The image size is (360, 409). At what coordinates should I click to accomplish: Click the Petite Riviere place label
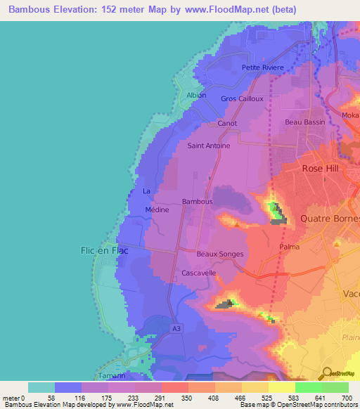[262, 67]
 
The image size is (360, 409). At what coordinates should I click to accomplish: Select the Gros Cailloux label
[242, 99]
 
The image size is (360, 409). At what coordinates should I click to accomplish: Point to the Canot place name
[227, 123]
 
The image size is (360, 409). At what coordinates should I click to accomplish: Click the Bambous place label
[197, 202]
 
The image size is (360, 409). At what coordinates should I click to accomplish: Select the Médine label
[155, 209]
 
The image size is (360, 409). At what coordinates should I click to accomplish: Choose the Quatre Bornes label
[329, 219]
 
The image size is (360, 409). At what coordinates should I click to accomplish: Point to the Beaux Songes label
[220, 254]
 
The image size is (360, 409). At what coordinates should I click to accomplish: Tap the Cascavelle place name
[198, 273]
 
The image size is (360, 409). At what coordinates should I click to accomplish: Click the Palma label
[290, 247]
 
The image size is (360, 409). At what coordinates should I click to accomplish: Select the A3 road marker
[176, 328]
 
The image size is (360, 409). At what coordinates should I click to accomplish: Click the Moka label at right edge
[350, 115]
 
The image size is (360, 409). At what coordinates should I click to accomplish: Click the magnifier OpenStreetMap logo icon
[327, 374]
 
